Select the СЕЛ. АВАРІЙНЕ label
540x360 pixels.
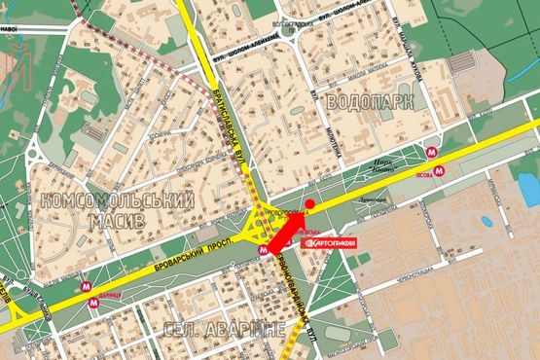pos(226,329)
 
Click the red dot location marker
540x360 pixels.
pos(309,204)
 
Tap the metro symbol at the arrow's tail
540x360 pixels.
pos(263,249)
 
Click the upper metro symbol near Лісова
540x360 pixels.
pos(431,151)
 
